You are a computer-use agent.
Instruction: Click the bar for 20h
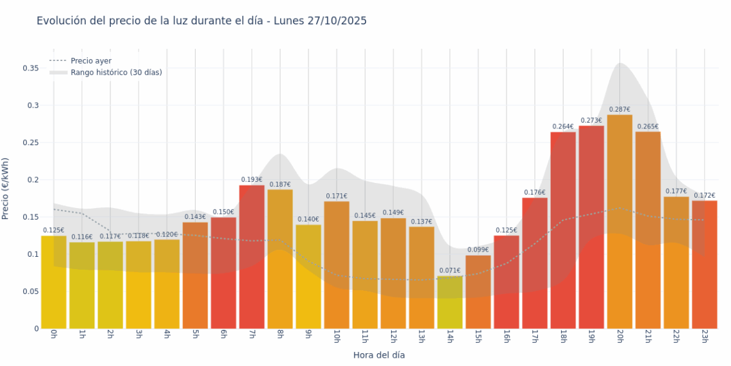619,222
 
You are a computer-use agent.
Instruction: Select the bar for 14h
450,302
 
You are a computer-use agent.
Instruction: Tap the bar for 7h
252,257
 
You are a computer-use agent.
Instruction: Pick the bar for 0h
54,283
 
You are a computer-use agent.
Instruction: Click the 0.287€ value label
619,110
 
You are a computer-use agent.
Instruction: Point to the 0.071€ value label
450,271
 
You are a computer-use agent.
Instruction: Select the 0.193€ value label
252,180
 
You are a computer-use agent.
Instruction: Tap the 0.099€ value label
478,250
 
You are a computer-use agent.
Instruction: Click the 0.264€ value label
563,126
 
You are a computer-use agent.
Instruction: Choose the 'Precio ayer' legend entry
90,61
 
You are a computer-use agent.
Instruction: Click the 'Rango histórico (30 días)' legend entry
116,73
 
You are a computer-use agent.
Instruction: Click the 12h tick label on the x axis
393,336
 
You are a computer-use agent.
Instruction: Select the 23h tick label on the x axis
704,336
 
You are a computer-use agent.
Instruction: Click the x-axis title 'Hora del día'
379,355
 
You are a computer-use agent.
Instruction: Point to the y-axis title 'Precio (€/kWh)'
6,189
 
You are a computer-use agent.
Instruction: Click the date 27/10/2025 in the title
337,21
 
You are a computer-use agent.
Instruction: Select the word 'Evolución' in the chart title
62,21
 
